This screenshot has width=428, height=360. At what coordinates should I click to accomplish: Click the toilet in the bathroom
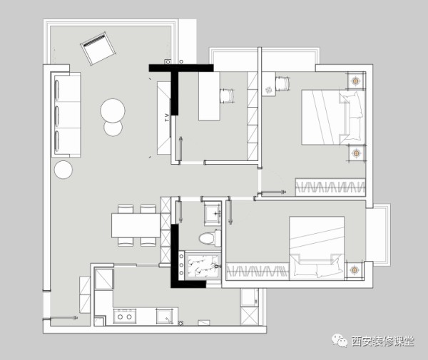pos(210,238)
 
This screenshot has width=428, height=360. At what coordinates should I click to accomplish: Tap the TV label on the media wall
pos(167,118)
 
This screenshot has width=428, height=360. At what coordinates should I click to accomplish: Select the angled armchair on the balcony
pos(98,48)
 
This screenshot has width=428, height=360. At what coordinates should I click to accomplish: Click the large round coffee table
pos(113,110)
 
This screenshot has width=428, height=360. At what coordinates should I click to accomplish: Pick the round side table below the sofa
pos(63,170)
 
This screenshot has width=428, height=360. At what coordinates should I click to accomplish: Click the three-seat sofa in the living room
pos(66,115)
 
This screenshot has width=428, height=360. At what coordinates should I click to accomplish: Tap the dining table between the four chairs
pos(136,225)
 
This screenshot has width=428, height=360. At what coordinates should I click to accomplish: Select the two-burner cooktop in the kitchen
pos(125,316)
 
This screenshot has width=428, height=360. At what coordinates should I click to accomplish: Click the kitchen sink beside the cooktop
pos(165,316)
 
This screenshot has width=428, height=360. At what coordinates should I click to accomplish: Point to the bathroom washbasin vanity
pos(213,214)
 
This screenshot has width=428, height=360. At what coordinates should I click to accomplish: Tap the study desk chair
pos(228,96)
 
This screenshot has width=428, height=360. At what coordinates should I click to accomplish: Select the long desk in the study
pos(209,96)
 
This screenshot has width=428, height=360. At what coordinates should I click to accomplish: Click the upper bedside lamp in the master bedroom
pos(355,81)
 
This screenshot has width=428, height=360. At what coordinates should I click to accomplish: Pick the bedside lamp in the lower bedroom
pos(354,270)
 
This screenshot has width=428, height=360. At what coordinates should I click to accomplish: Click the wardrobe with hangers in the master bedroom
pos(330,187)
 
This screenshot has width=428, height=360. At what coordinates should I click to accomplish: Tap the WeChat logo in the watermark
pos(340,341)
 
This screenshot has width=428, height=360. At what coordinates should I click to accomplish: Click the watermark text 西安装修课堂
pos(383,341)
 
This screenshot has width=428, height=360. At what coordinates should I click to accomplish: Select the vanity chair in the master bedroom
pos(282,83)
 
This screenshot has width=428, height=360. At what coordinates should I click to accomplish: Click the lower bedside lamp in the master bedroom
pos(356,153)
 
